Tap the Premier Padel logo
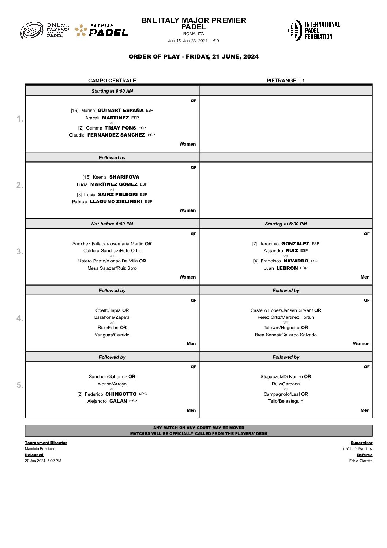coord(101,31)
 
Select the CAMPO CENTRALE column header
coord(112,81)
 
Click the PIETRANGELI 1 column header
coord(285,81)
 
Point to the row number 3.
coord(20,251)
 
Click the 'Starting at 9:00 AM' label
coord(112,91)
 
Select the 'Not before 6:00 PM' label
coord(112,224)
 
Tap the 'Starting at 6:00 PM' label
coord(286,224)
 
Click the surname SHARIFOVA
coord(124,177)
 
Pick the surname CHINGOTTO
coord(121,394)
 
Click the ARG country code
coord(143,394)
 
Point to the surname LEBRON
coord(287,268)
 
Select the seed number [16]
coord(75,111)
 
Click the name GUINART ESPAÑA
coord(120,111)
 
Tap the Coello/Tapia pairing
coord(108,310)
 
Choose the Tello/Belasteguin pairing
coord(286,401)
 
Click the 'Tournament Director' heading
coord(46,443)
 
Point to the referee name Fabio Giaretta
coord(361,461)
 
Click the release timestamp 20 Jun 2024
coord(35,461)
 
